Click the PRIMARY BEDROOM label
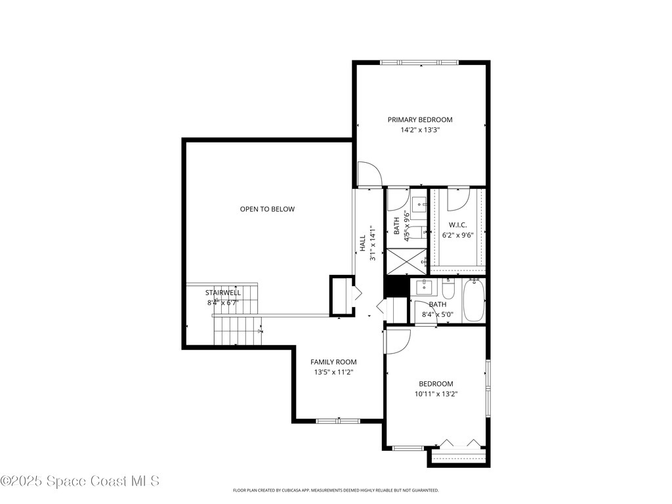pyautogui.click(x=420, y=119)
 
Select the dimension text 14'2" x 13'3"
pyautogui.click(x=420, y=130)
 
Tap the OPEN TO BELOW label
pyautogui.click(x=267, y=209)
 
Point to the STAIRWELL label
pyautogui.click(x=223, y=293)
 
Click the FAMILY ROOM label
pyautogui.click(x=333, y=362)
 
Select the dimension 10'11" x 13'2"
pyautogui.click(x=436, y=394)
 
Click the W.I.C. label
pyautogui.click(x=457, y=224)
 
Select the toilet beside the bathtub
pyautogui.click(x=449, y=289)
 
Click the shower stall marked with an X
pyautogui.click(x=406, y=261)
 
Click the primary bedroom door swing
pyautogui.click(x=369, y=174)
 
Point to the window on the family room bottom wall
pyautogui.click(x=337, y=420)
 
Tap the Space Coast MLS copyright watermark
pyautogui.click(x=80, y=481)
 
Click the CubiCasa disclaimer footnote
pyautogui.click(x=336, y=490)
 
